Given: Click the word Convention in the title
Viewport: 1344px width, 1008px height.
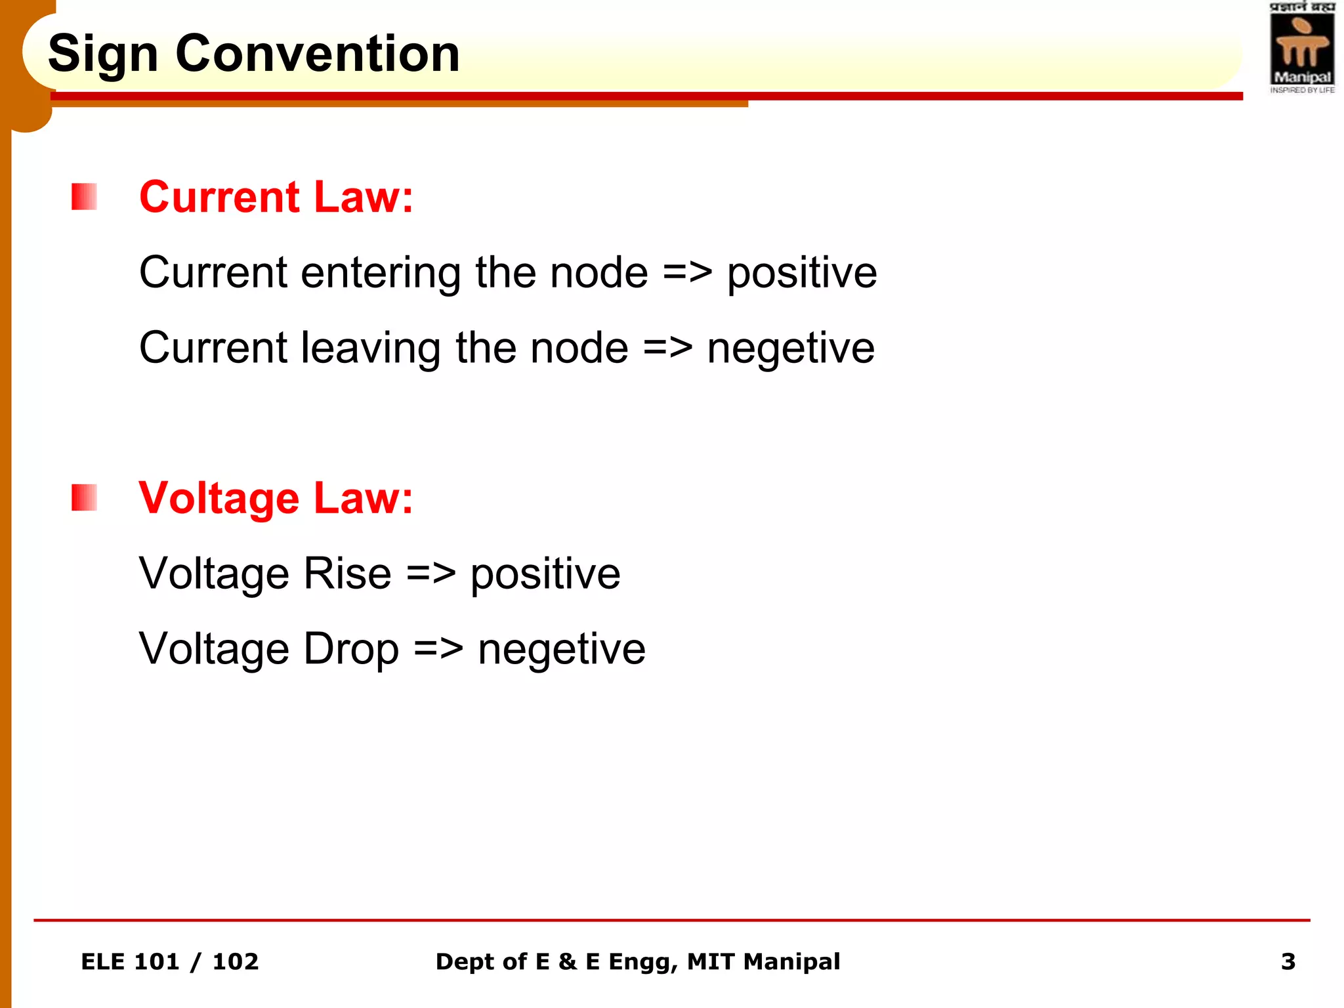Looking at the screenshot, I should pos(318,54).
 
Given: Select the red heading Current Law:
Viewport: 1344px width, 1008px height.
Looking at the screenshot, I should pos(276,197).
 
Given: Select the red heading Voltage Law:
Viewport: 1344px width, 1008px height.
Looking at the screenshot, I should pos(276,498).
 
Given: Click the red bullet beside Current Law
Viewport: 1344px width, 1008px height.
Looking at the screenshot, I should pos(84,197).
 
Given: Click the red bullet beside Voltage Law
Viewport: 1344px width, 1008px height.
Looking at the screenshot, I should pos(84,497).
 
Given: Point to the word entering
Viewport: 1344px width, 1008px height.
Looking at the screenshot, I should pos(381,274).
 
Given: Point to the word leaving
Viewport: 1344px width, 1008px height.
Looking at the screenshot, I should pos(370,348).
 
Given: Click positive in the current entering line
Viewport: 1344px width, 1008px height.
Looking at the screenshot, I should pos(802,274).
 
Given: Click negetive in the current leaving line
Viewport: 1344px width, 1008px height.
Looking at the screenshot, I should pos(791,348).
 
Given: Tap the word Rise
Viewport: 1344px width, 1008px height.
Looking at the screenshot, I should pos(347,574).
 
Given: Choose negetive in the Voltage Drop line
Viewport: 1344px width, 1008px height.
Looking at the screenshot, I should pos(562,650).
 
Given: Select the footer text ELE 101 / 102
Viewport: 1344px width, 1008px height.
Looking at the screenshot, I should pos(169,962).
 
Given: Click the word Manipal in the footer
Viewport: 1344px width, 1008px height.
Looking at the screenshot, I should pos(791,962).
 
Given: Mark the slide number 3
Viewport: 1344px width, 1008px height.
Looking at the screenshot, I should pos(1288,962).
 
